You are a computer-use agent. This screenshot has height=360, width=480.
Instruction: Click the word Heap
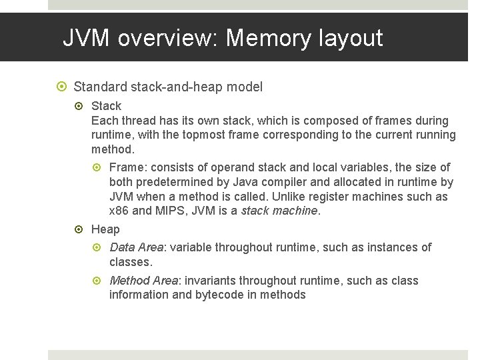[x=105, y=229]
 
